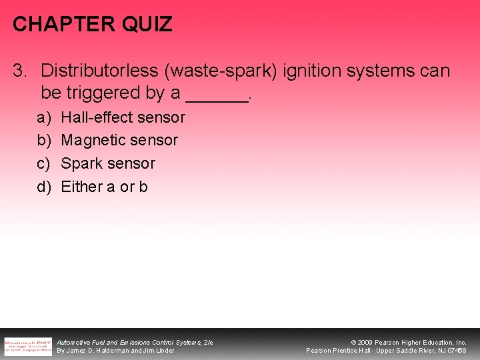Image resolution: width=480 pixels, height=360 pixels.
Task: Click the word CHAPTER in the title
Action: pyautogui.click(x=53, y=25)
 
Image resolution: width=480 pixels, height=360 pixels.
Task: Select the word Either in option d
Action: pyautogui.click(x=81, y=187)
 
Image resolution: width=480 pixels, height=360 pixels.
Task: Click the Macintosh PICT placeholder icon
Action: pyautogui.click(x=27, y=346)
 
